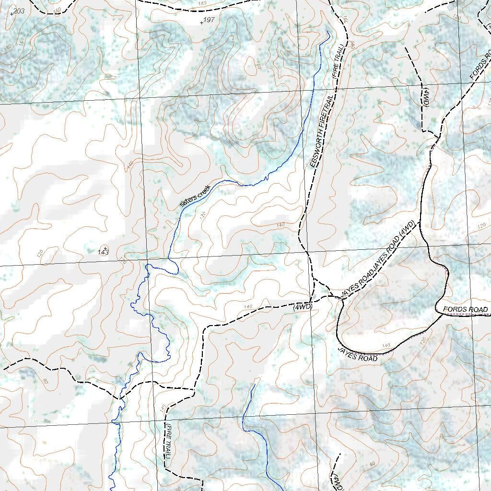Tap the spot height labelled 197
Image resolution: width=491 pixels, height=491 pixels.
208,20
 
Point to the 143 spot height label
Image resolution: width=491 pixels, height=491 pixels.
103,251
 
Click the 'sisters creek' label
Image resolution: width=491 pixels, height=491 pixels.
195,196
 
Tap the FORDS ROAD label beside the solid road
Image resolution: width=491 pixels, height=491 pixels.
465,309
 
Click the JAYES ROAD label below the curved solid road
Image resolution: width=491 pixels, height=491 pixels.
357,354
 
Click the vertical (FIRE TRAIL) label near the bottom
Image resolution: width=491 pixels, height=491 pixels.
168,441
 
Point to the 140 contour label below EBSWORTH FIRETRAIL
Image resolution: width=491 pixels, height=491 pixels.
281,225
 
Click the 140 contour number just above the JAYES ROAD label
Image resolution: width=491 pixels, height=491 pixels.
386,345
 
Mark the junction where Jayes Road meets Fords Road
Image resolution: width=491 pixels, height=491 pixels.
440,314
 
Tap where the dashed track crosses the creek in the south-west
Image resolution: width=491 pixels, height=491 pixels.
119,398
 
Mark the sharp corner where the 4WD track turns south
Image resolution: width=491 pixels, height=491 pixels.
207,327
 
